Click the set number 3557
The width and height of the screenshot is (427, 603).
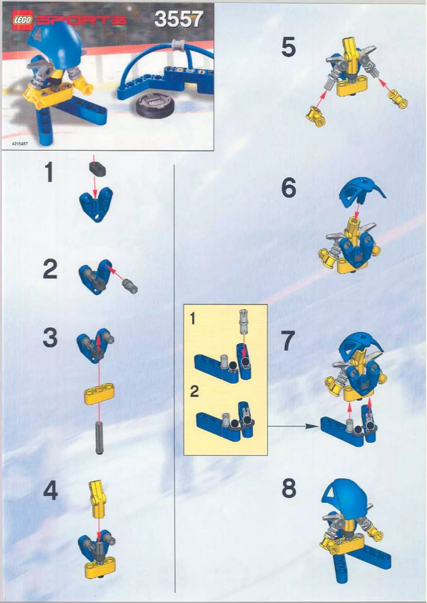pyautogui.click(x=178, y=20)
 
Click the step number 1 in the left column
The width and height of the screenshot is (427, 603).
pyautogui.click(x=50, y=173)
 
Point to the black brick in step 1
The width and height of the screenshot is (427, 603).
pyautogui.click(x=96, y=169)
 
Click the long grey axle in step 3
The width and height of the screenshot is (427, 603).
pyautogui.click(x=99, y=436)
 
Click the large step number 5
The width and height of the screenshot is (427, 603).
pyautogui.click(x=288, y=48)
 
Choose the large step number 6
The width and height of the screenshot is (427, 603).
pyautogui.click(x=288, y=189)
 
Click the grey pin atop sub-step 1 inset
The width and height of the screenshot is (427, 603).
pyautogui.click(x=243, y=322)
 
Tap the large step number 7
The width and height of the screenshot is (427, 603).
pyautogui.click(x=288, y=341)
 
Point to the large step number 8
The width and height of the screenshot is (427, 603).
pyautogui.click(x=288, y=489)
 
